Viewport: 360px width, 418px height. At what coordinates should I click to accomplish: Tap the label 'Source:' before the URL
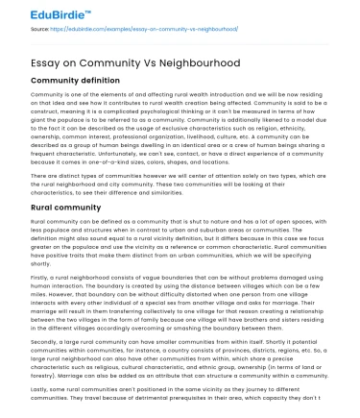point(40,31)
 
